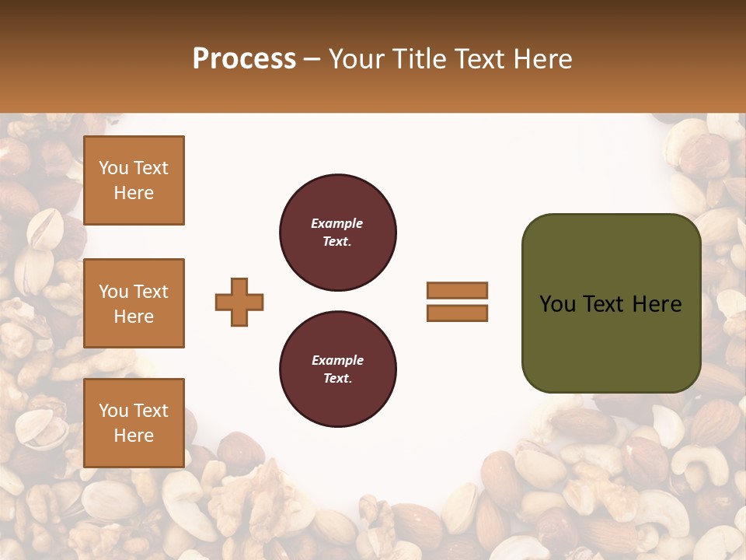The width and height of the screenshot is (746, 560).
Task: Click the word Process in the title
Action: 244,59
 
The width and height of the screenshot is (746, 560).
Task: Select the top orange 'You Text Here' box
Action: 134,180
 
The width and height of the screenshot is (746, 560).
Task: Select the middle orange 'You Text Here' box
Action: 134,303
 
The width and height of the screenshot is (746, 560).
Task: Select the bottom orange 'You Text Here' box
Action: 134,422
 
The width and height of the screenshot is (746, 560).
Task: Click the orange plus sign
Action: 239,302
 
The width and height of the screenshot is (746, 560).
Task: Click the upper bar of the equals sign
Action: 458,290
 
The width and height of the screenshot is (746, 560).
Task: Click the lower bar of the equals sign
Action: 458,313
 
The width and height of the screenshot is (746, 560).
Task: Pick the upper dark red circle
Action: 338,233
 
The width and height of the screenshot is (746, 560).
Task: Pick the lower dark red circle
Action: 338,369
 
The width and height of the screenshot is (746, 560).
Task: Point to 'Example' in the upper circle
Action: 336,223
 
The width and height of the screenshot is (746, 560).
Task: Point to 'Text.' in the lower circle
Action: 338,379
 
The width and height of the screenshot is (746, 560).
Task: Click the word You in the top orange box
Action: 113,168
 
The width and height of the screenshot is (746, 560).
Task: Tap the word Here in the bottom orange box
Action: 134,436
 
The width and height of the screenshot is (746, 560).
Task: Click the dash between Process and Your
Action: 312,59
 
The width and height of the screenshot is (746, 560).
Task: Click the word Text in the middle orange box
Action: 151,292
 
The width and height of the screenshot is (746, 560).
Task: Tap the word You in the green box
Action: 557,304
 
